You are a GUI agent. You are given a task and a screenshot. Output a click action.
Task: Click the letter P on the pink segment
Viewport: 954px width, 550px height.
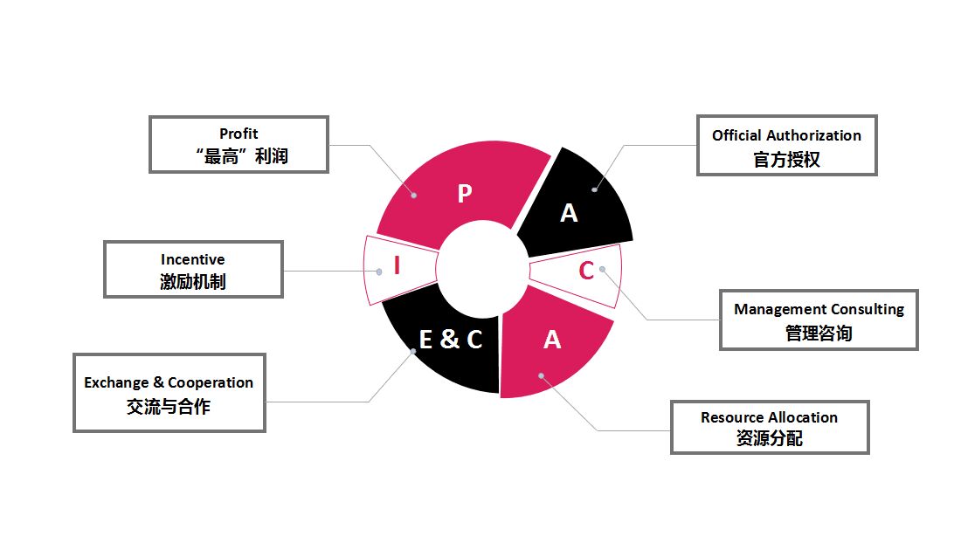coord(464,194)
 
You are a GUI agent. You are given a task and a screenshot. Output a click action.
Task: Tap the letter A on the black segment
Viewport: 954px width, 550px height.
coord(569,213)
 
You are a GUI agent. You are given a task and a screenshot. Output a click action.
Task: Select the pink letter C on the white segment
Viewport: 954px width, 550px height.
coord(586,271)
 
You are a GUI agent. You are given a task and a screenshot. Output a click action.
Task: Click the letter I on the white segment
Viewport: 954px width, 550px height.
coord(397,265)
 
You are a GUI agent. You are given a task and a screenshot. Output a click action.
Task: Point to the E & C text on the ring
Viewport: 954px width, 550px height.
coord(450,339)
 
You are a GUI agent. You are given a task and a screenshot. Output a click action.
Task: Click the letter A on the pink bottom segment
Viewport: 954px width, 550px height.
coord(551,340)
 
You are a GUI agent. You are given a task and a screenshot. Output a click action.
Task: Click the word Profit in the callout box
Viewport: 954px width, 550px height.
coord(238,134)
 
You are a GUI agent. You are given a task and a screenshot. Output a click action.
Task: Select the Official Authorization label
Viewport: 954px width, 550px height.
coord(786,135)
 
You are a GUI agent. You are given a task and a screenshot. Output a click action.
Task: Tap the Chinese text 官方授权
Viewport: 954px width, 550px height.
coord(786,160)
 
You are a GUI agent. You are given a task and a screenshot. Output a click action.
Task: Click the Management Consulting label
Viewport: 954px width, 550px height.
coord(819,309)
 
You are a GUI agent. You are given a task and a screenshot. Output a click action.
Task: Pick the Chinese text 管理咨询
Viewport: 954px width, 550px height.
coord(819,333)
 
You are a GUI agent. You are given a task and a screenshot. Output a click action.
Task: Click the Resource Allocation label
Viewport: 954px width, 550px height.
coord(769,417)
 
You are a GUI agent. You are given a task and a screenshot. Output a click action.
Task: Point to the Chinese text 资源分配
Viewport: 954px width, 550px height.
coord(769,438)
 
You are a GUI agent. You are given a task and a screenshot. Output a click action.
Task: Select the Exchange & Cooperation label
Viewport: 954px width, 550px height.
coord(169,382)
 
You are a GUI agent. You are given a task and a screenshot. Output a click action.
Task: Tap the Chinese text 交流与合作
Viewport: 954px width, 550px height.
coord(169,407)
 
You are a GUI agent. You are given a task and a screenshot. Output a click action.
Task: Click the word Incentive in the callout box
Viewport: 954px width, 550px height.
coord(193,259)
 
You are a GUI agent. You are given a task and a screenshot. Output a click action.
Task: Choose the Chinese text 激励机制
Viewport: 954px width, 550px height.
coord(193,282)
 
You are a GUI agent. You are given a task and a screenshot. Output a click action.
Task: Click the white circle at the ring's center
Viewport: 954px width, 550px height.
coord(480,268)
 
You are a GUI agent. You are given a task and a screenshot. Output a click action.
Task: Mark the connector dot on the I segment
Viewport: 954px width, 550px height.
coord(379,272)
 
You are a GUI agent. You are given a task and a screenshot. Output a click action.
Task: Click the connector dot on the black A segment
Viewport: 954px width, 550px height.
coord(594,188)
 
